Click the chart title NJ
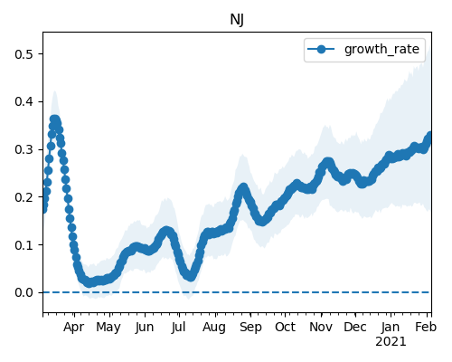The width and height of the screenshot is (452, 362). (237, 20)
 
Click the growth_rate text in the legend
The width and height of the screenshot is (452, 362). (381, 49)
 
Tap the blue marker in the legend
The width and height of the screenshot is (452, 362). (321, 49)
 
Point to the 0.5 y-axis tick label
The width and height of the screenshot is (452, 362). (24, 54)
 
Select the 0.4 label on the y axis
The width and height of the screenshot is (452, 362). (24, 101)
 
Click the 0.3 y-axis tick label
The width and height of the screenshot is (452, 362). (24, 149)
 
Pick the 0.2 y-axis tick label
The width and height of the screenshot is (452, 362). (24, 197)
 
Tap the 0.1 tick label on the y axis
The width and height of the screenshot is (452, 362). (24, 244)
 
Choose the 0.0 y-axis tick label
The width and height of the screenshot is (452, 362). (24, 292)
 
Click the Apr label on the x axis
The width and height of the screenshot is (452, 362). (74, 328)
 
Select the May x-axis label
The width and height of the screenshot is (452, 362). (108, 328)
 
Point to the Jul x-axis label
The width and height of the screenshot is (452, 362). (178, 328)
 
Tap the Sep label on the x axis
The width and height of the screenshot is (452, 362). (250, 328)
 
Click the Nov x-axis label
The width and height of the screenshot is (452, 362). (321, 328)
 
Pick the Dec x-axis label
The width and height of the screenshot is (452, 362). (355, 328)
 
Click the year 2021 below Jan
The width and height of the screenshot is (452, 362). (391, 342)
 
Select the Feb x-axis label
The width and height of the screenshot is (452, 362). (426, 328)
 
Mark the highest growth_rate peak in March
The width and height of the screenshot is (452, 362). (54, 119)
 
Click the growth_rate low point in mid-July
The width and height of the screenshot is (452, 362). (191, 276)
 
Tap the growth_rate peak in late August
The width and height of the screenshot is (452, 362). (243, 187)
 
